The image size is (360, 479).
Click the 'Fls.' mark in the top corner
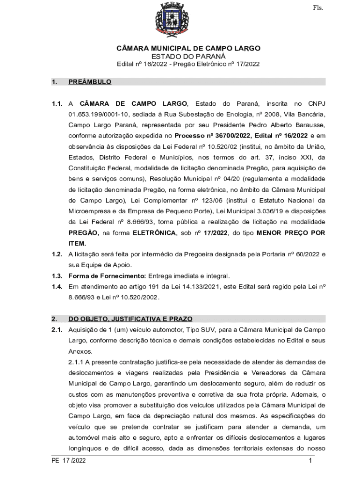(318, 7)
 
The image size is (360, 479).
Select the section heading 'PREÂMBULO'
(90, 82)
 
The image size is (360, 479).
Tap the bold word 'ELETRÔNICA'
(154, 233)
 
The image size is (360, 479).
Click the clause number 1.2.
(57, 254)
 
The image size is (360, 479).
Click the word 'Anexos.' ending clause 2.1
(80, 351)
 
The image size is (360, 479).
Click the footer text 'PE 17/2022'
(69, 461)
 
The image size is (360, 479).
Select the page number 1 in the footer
(310, 461)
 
